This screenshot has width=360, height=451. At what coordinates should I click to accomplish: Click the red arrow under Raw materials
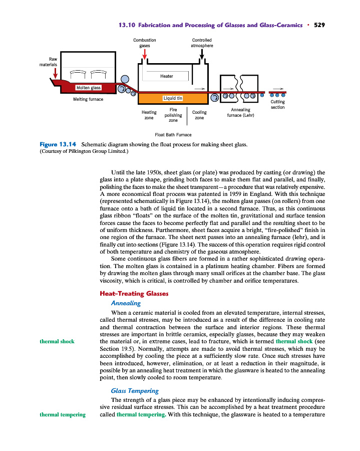tap(55, 73)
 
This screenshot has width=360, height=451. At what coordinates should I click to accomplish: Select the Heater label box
tap(167, 76)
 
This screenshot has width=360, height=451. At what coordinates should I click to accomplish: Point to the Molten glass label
tap(88, 88)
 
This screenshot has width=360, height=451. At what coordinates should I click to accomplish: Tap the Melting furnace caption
tap(88, 99)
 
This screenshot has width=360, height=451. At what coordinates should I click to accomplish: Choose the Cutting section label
tap(277, 105)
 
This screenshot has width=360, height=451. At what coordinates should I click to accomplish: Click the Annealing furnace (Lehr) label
tap(240, 113)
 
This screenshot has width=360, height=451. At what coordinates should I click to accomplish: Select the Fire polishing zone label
tap(173, 115)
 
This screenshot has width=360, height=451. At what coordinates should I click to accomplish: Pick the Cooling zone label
tap(199, 115)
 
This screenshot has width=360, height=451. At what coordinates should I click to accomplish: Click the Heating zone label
tap(149, 115)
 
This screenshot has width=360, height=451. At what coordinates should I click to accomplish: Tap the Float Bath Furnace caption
tap(173, 134)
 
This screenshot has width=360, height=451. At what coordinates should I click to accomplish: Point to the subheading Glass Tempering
tap(134, 390)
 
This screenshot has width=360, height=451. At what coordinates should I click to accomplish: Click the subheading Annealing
tap(125, 303)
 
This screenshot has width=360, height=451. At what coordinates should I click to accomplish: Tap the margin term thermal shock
tap(57, 341)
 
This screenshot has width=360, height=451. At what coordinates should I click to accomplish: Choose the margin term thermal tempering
tap(62, 414)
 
